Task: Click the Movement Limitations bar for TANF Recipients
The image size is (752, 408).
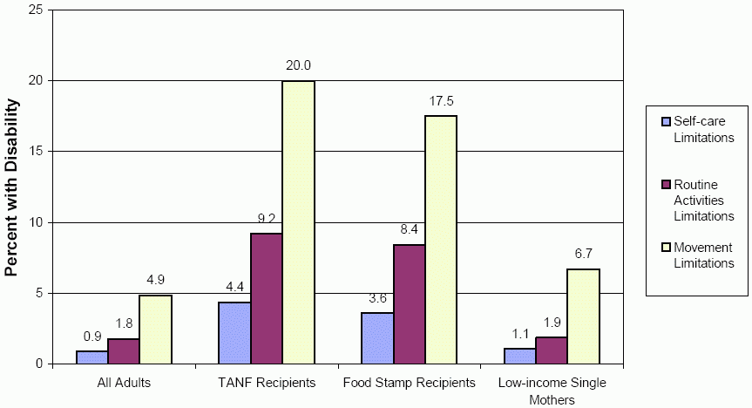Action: (298, 222)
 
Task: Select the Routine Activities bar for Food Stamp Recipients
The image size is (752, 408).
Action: (409, 304)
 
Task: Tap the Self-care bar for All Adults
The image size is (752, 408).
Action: (91, 357)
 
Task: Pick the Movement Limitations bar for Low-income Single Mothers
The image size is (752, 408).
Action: (583, 316)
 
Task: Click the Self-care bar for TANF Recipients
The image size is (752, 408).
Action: (235, 333)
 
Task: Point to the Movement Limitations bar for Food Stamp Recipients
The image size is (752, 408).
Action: (441, 240)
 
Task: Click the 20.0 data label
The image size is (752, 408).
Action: (299, 65)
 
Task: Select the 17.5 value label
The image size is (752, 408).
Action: (442, 101)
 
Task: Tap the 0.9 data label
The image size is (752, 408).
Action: (92, 337)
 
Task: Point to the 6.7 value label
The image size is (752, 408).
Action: (584, 254)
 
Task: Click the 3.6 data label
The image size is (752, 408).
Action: (376, 298)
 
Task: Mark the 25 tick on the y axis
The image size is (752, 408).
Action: (37, 10)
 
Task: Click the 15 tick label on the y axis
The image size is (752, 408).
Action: (37, 152)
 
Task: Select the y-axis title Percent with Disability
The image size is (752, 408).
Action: (12, 187)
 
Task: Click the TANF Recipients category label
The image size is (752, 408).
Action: (266, 383)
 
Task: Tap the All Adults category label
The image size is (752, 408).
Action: (123, 383)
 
